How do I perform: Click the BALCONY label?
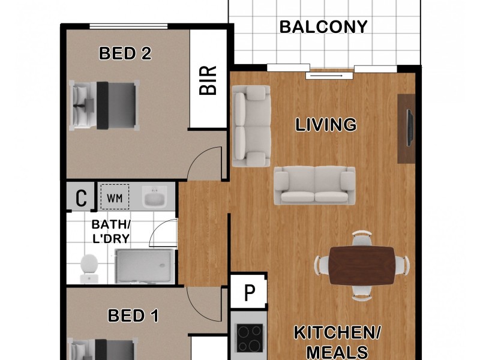click(323, 27)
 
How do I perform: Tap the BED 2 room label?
click(125, 53)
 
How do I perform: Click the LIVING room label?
click(326, 125)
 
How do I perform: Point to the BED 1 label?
click(133, 315)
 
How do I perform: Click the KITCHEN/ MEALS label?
click(337, 341)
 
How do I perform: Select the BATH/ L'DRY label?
click(110, 232)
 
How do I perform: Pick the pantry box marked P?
click(249, 293)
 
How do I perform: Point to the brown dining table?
click(362, 265)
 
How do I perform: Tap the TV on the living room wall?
click(410, 127)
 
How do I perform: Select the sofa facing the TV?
click(314, 185)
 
